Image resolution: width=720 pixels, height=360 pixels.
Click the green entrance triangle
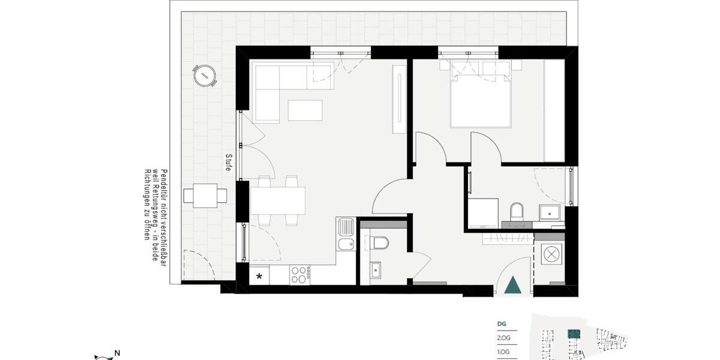(x=512, y=285)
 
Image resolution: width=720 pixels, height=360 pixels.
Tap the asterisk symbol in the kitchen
(x=259, y=277)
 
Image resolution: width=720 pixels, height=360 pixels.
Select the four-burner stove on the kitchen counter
(x=299, y=275)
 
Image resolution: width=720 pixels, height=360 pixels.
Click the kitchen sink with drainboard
(x=346, y=235)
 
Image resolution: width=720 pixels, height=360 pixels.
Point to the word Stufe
(x=229, y=163)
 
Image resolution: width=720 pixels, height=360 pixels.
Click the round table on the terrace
(x=205, y=76)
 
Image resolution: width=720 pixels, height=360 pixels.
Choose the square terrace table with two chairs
(x=205, y=196)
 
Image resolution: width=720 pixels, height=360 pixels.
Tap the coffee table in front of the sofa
(x=305, y=110)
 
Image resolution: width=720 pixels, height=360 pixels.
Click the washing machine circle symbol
(x=550, y=254)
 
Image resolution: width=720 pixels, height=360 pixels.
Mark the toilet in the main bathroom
(x=517, y=212)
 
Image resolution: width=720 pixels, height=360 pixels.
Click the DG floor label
(x=502, y=324)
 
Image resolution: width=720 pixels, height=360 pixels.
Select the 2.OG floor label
(x=502, y=338)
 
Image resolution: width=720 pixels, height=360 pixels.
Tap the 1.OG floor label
(x=502, y=352)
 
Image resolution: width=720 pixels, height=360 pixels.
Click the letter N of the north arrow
(x=118, y=353)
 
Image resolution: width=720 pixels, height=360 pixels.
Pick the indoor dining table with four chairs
(x=278, y=201)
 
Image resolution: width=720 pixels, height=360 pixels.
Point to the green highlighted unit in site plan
(x=574, y=333)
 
